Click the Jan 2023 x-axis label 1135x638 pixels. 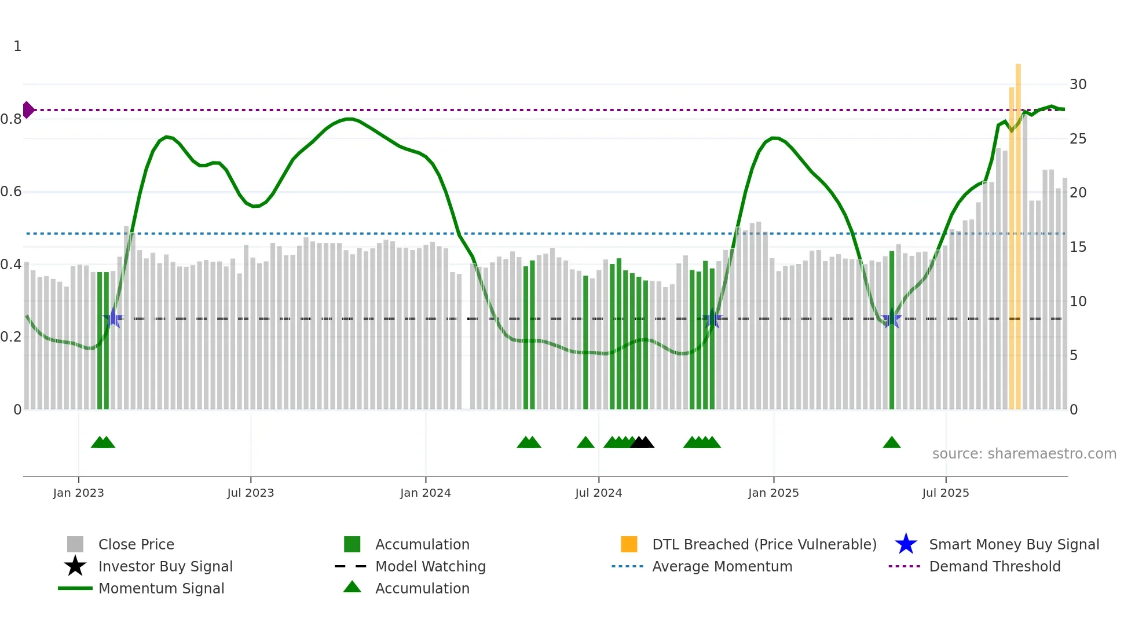(x=78, y=493)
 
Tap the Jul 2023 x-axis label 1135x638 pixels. (x=250, y=493)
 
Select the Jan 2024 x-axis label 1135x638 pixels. (x=425, y=493)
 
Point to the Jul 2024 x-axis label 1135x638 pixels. (x=598, y=493)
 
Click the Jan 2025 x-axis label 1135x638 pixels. (x=773, y=493)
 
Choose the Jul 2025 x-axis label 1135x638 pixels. (x=945, y=493)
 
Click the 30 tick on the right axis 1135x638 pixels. (x=1078, y=85)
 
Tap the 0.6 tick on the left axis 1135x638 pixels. (x=11, y=192)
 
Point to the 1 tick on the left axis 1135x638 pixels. (x=17, y=46)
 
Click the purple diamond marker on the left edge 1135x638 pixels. (x=28, y=109)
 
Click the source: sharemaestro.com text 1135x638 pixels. (x=1024, y=454)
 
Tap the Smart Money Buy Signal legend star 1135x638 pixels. (x=906, y=544)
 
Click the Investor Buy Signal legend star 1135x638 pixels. (x=75, y=566)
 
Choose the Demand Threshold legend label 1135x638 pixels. (x=994, y=566)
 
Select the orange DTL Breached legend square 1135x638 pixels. (x=629, y=544)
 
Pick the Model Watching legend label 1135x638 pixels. (x=430, y=566)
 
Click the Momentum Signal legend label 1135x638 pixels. (x=161, y=588)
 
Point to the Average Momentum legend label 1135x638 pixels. (x=722, y=566)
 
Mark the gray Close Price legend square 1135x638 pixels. (x=75, y=544)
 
